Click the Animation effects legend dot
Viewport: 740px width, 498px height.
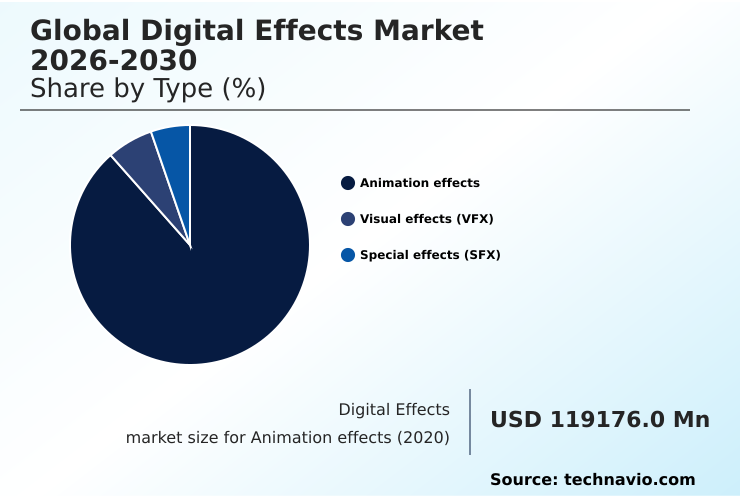(348, 183)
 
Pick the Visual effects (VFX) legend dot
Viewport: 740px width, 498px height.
(348, 219)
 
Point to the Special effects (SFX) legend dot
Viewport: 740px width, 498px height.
(348, 255)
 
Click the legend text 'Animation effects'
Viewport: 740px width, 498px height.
(420, 183)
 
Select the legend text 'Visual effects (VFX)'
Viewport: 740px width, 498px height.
(427, 219)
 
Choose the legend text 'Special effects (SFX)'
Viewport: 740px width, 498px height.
(430, 255)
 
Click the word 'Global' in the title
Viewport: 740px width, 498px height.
(81, 31)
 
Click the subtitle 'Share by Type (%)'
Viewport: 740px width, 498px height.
(148, 89)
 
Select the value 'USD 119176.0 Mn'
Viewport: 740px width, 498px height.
(600, 420)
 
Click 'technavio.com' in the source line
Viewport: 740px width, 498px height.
(629, 480)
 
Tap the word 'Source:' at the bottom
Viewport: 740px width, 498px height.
(523, 480)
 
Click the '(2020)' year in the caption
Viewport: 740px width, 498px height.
(425, 438)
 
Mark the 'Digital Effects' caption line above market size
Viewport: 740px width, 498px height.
(394, 409)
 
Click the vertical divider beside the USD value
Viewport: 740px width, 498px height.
(470, 422)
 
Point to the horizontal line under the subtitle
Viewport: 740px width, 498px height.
(355, 110)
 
